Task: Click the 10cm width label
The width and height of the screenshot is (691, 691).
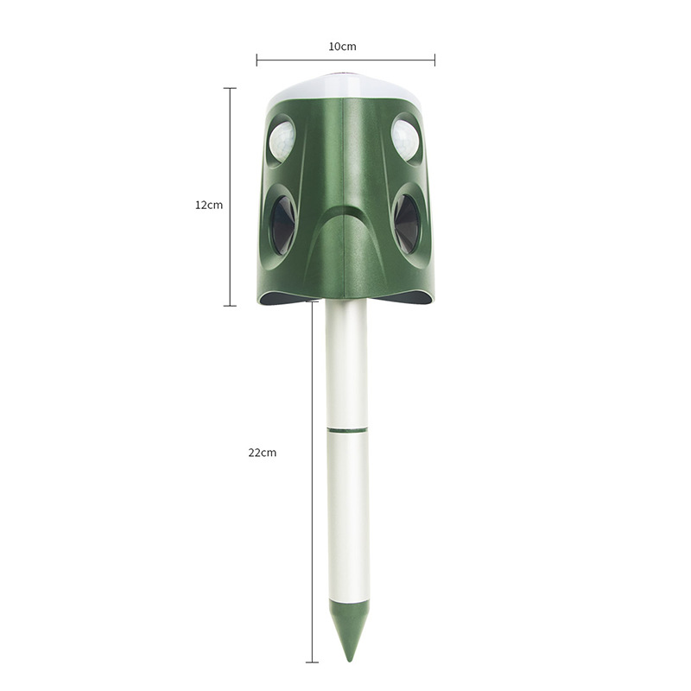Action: click(342, 47)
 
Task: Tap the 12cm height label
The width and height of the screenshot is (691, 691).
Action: click(209, 205)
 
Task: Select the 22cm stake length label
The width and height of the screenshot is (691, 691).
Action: click(263, 453)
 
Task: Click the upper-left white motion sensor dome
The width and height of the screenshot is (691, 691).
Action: click(282, 141)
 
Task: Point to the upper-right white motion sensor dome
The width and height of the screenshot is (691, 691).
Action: click(405, 140)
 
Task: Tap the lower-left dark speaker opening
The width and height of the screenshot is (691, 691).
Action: click(283, 225)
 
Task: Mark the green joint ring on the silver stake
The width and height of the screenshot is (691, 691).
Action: click(347, 428)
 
